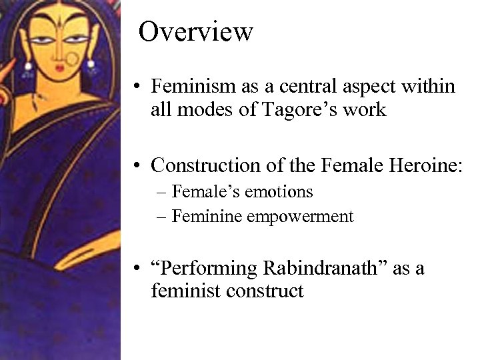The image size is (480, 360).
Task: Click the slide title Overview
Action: coord(196,31)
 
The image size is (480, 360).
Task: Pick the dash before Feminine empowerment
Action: coord(163,217)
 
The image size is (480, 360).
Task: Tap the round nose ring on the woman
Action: coord(71,61)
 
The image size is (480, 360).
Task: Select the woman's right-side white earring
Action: coord(89,66)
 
